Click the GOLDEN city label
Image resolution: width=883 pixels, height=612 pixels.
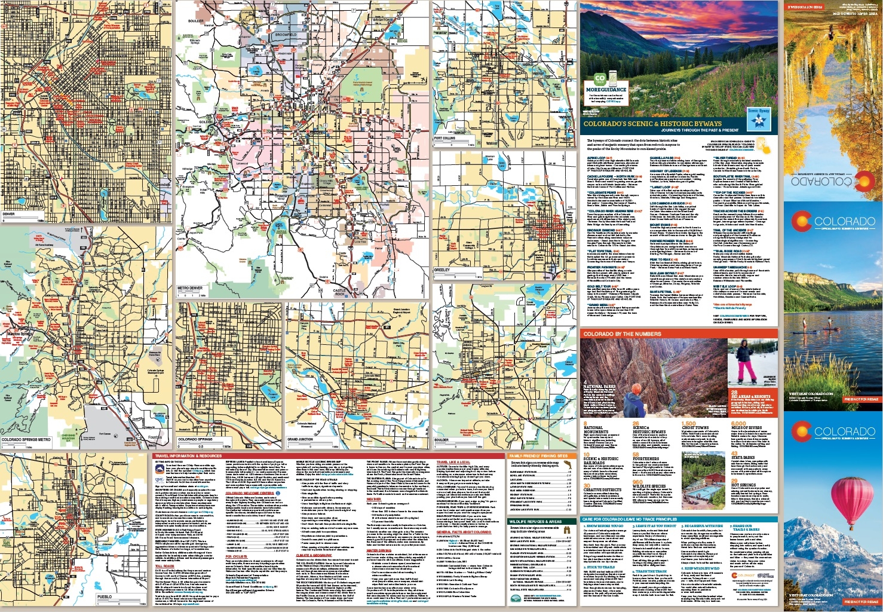[205, 122]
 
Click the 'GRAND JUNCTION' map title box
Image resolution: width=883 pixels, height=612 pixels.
[301, 439]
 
